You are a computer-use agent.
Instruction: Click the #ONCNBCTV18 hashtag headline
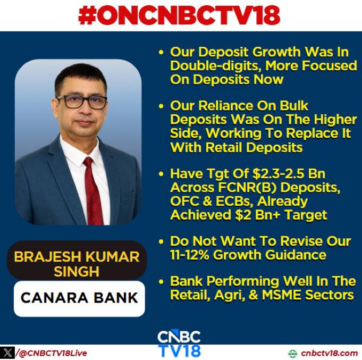coord(179,15)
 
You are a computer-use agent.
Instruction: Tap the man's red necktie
coord(93,191)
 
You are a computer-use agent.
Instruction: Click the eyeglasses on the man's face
coord(82,102)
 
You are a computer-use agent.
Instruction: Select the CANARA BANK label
coord(79,298)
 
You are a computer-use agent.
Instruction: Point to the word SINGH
coord(77,271)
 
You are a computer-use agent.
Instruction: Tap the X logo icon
coord(7,353)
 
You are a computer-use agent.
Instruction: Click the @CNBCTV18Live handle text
coord(53,353)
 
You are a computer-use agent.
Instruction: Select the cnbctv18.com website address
coord(330,353)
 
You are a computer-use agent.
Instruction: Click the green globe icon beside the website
coord(292,353)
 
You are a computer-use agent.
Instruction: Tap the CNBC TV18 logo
coord(179,344)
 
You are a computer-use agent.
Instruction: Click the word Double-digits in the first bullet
coord(216,66)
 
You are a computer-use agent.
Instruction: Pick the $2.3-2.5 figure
coord(279,173)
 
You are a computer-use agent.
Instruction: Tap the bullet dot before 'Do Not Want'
coord(161,242)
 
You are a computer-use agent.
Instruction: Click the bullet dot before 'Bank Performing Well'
coord(161,282)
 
